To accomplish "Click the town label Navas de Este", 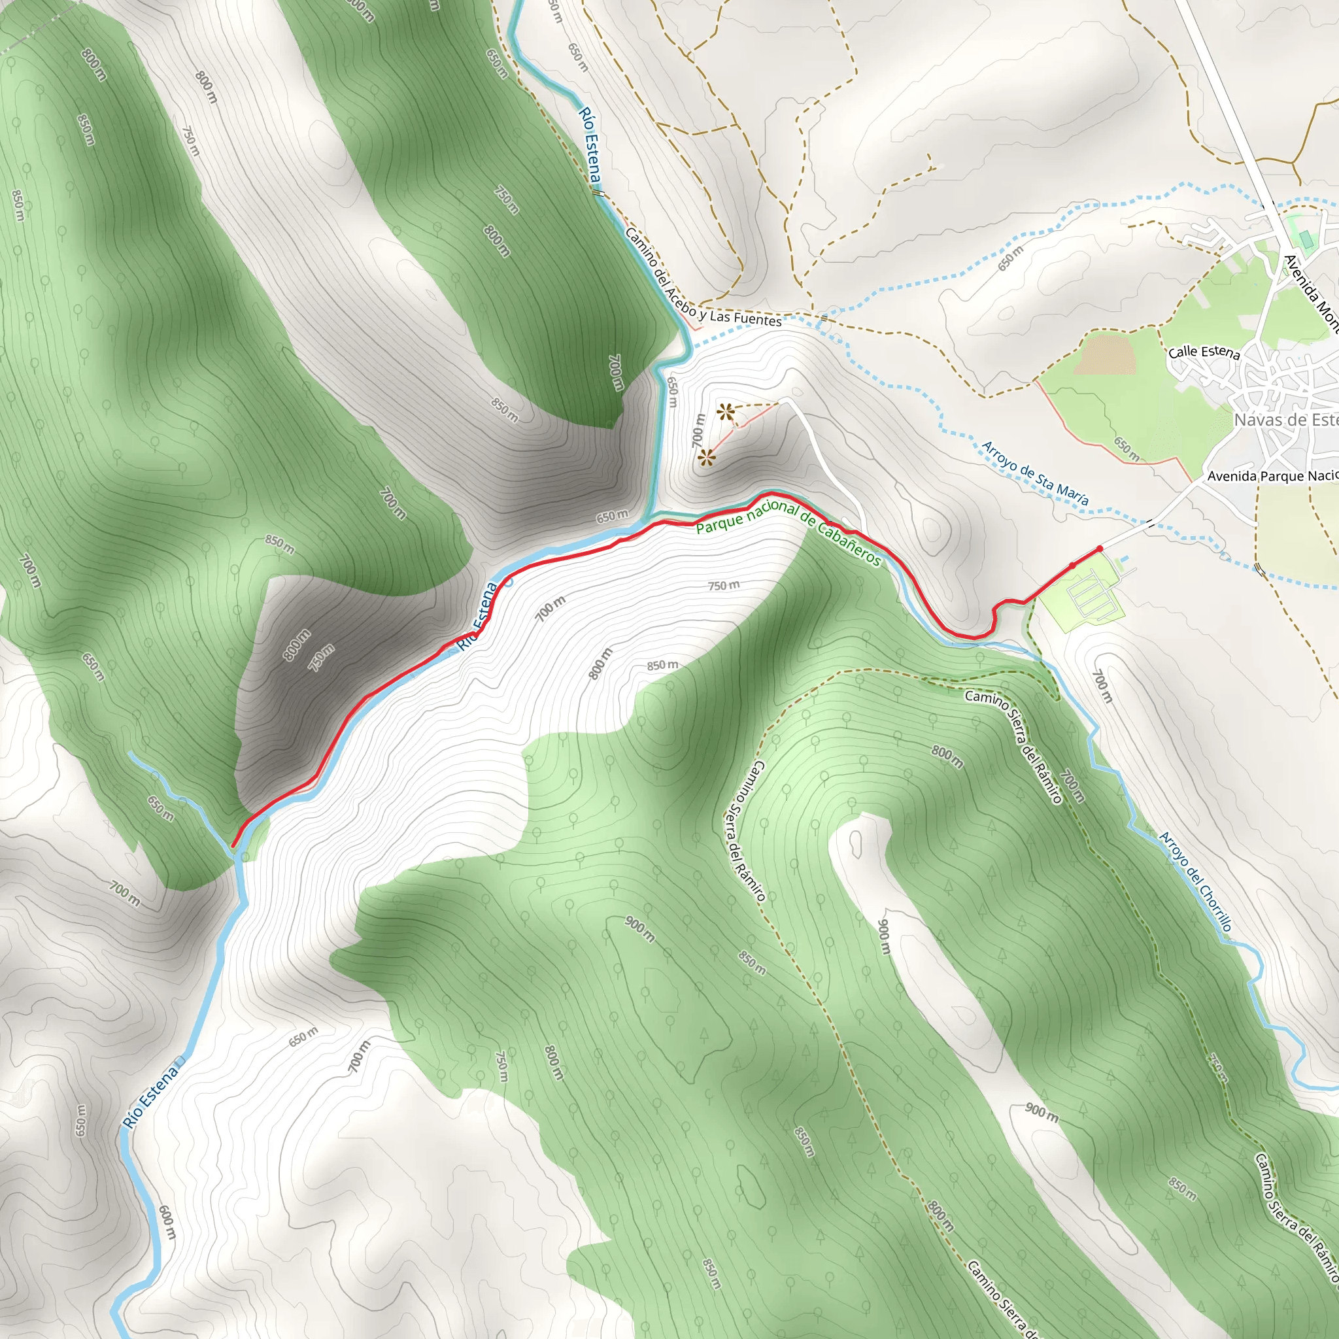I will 1285,420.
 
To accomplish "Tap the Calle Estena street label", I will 1204,352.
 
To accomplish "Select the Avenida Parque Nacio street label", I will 1272,476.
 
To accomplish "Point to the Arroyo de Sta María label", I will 1036,473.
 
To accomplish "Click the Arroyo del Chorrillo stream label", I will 1196,881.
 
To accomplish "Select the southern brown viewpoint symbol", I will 706,458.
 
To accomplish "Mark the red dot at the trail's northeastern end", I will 1100,549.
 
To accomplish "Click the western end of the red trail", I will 233,845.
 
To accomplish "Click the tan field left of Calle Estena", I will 1106,354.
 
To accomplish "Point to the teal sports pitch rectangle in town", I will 1306,240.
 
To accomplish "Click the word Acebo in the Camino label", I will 679,299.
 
